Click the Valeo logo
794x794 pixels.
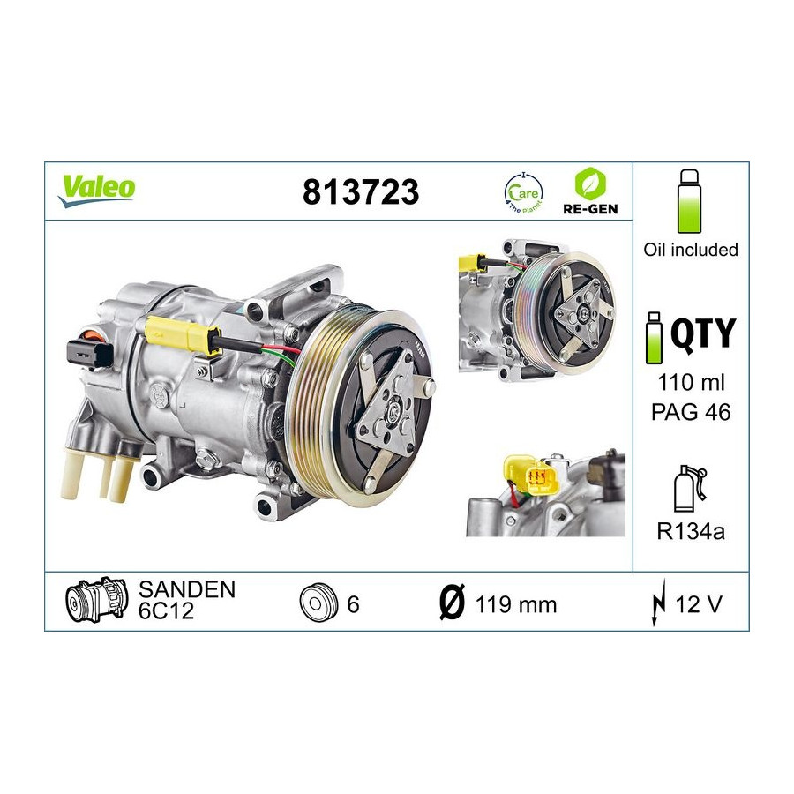(x=96, y=191)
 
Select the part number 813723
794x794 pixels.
(x=361, y=192)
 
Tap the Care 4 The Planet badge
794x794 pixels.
(x=523, y=193)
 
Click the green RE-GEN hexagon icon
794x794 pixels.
(x=590, y=184)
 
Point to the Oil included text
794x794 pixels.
(x=691, y=250)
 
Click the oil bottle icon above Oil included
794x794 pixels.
(x=689, y=201)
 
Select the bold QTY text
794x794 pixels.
(x=703, y=333)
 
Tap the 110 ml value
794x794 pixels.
(x=691, y=382)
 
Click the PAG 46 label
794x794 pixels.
(x=691, y=412)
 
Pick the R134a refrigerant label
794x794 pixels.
(x=691, y=531)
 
